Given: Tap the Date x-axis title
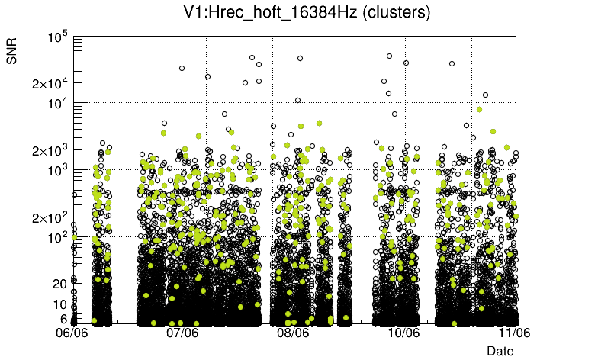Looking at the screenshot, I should coord(500,350).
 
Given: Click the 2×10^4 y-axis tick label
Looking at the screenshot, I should coord(50,83).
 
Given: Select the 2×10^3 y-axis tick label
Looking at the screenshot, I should coord(50,150).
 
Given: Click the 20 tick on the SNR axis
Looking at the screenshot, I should coord(60,284).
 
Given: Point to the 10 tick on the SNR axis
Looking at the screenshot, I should coord(60,304).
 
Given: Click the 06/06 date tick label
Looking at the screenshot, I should coord(73,333).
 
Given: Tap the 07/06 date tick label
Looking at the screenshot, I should coord(183,333).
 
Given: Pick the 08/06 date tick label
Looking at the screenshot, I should coord(293,333).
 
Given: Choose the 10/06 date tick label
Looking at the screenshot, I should coord(403,333).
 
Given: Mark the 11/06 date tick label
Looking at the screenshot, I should coord(513,333).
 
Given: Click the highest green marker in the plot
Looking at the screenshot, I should coord(479,109).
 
